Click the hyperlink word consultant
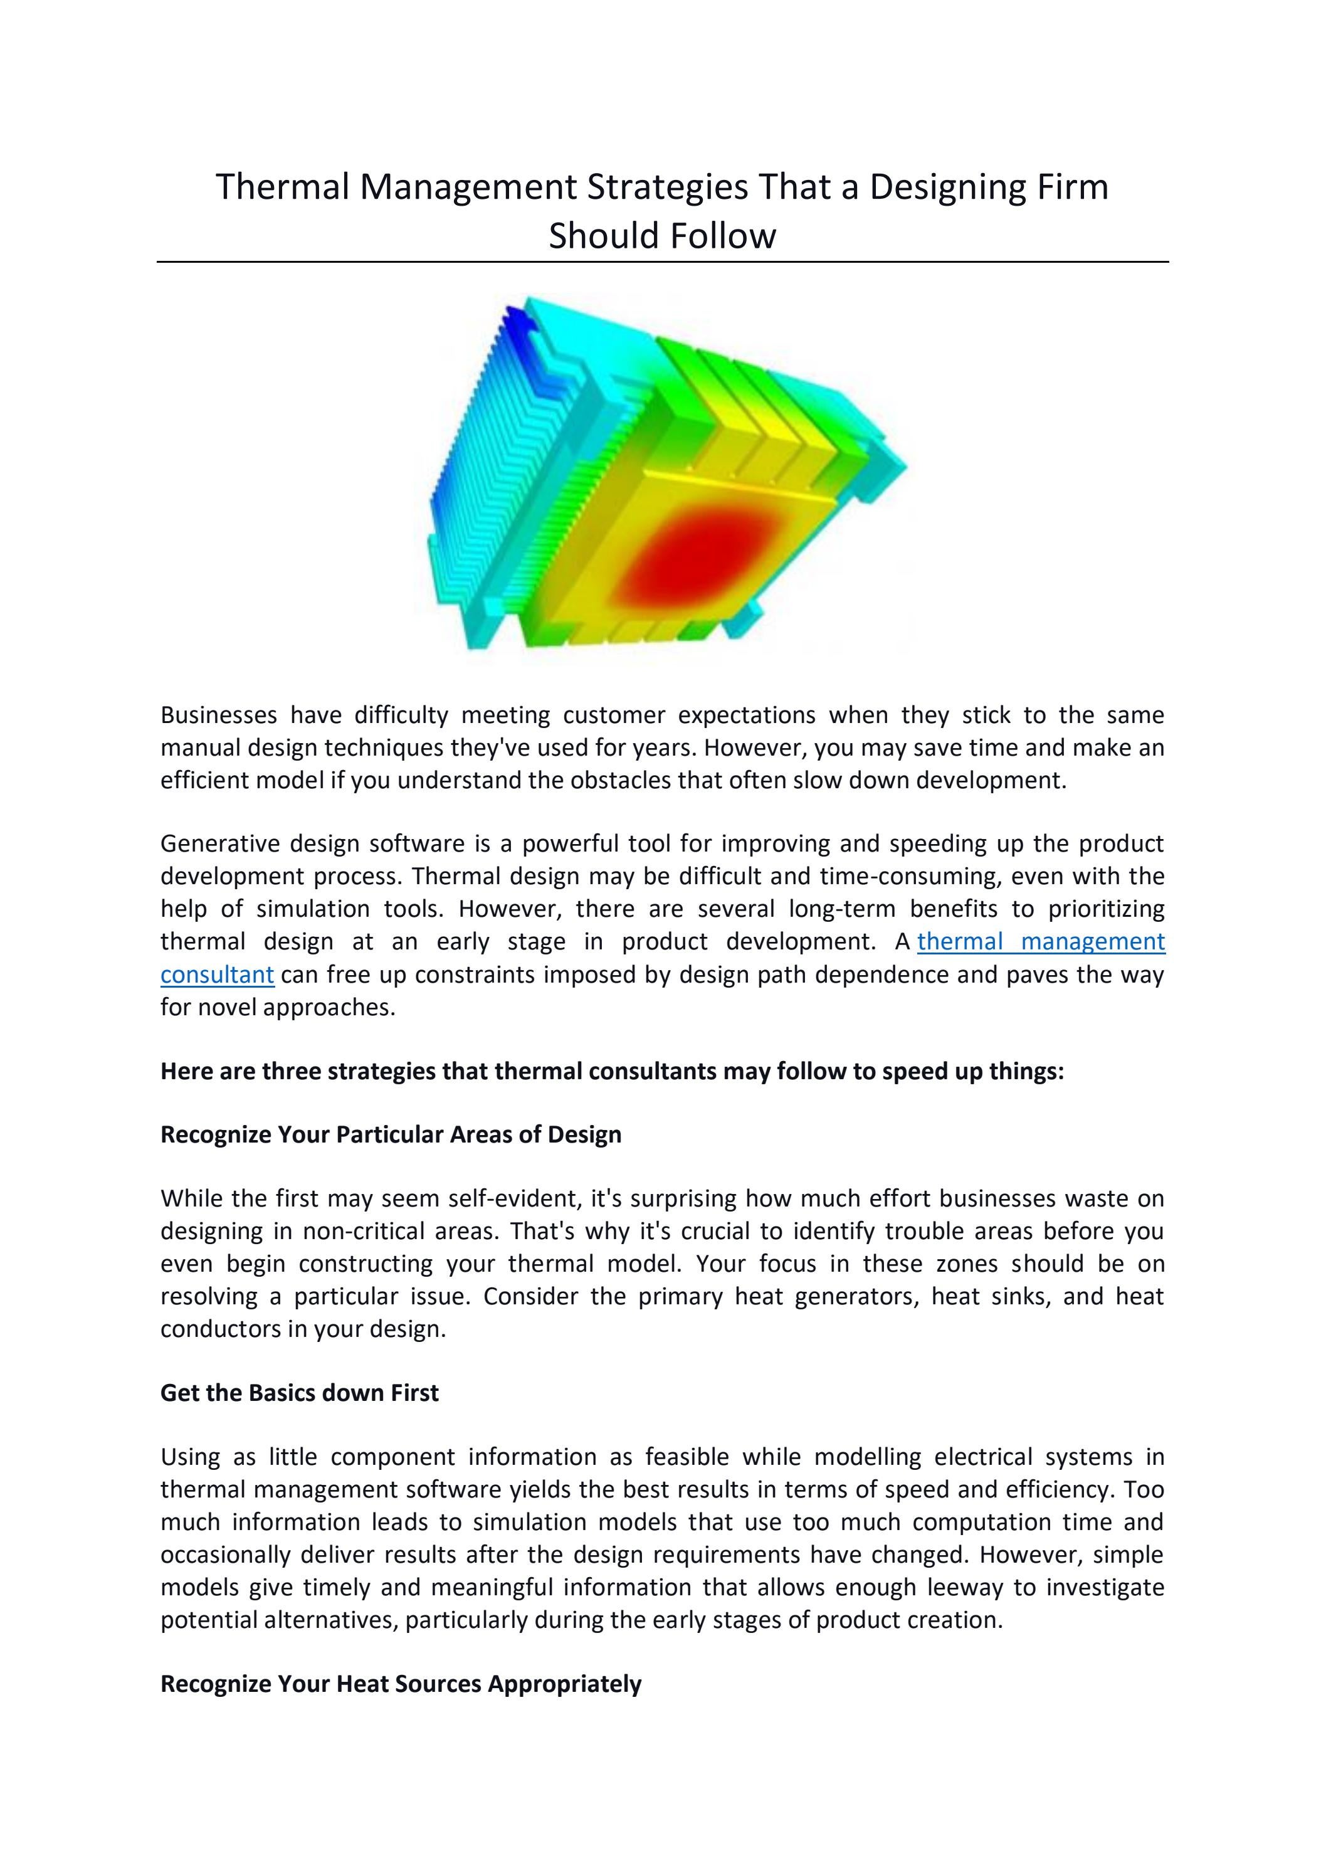tap(217, 975)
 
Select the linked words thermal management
tap(1040, 942)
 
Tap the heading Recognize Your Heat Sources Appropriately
tap(401, 1684)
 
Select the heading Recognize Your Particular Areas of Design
tap(391, 1134)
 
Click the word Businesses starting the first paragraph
tap(218, 716)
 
